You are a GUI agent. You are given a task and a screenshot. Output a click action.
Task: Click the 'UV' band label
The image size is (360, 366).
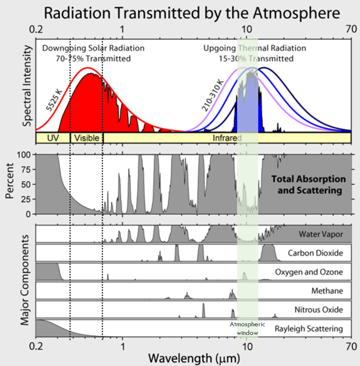(x=53, y=138)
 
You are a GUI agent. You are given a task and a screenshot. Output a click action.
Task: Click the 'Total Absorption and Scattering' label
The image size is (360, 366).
(x=308, y=185)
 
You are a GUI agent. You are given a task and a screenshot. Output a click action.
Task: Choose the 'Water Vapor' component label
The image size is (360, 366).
(x=320, y=235)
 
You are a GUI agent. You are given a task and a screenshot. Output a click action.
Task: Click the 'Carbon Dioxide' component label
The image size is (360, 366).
(x=316, y=253)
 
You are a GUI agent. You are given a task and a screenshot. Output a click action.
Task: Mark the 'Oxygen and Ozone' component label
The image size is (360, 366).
(x=309, y=272)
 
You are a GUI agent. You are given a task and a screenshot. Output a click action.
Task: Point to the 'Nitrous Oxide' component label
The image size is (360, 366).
(x=319, y=310)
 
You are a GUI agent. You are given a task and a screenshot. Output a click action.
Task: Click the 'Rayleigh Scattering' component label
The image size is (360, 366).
(x=309, y=329)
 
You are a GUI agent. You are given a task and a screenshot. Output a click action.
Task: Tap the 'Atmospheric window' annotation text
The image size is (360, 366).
(x=247, y=328)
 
